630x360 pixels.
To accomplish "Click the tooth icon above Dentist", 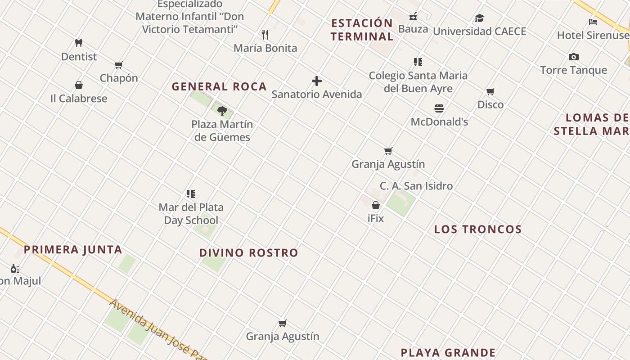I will click(x=79, y=43).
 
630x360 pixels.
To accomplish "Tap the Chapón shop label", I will click(x=119, y=78).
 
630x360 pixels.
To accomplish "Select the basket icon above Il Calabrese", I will click(x=79, y=85).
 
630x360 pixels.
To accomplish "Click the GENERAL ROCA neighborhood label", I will click(x=219, y=86).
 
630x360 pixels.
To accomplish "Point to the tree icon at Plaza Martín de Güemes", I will click(x=222, y=111).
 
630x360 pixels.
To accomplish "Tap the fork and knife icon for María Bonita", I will click(x=265, y=34).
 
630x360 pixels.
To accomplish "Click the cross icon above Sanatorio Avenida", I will click(x=317, y=81).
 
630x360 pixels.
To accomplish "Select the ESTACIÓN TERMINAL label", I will click(x=362, y=30).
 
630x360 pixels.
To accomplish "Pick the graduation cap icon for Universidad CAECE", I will click(x=479, y=18).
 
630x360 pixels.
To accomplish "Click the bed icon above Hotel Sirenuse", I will click(x=593, y=22).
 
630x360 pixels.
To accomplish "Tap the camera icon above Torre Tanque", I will click(x=574, y=57).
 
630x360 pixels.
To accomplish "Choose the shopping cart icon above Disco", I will click(x=490, y=92).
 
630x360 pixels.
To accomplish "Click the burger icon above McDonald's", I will click(x=439, y=108).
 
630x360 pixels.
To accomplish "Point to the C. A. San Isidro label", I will click(x=416, y=186).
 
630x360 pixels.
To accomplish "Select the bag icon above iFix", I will click(x=376, y=205).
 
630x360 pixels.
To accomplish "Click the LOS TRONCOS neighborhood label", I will click(x=478, y=229).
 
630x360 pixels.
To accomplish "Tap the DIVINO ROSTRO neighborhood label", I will click(x=248, y=253).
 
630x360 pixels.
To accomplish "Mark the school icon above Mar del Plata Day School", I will click(x=191, y=194).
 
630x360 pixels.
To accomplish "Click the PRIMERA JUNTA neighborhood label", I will click(x=73, y=250).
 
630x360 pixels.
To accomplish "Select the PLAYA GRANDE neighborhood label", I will click(x=448, y=352).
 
